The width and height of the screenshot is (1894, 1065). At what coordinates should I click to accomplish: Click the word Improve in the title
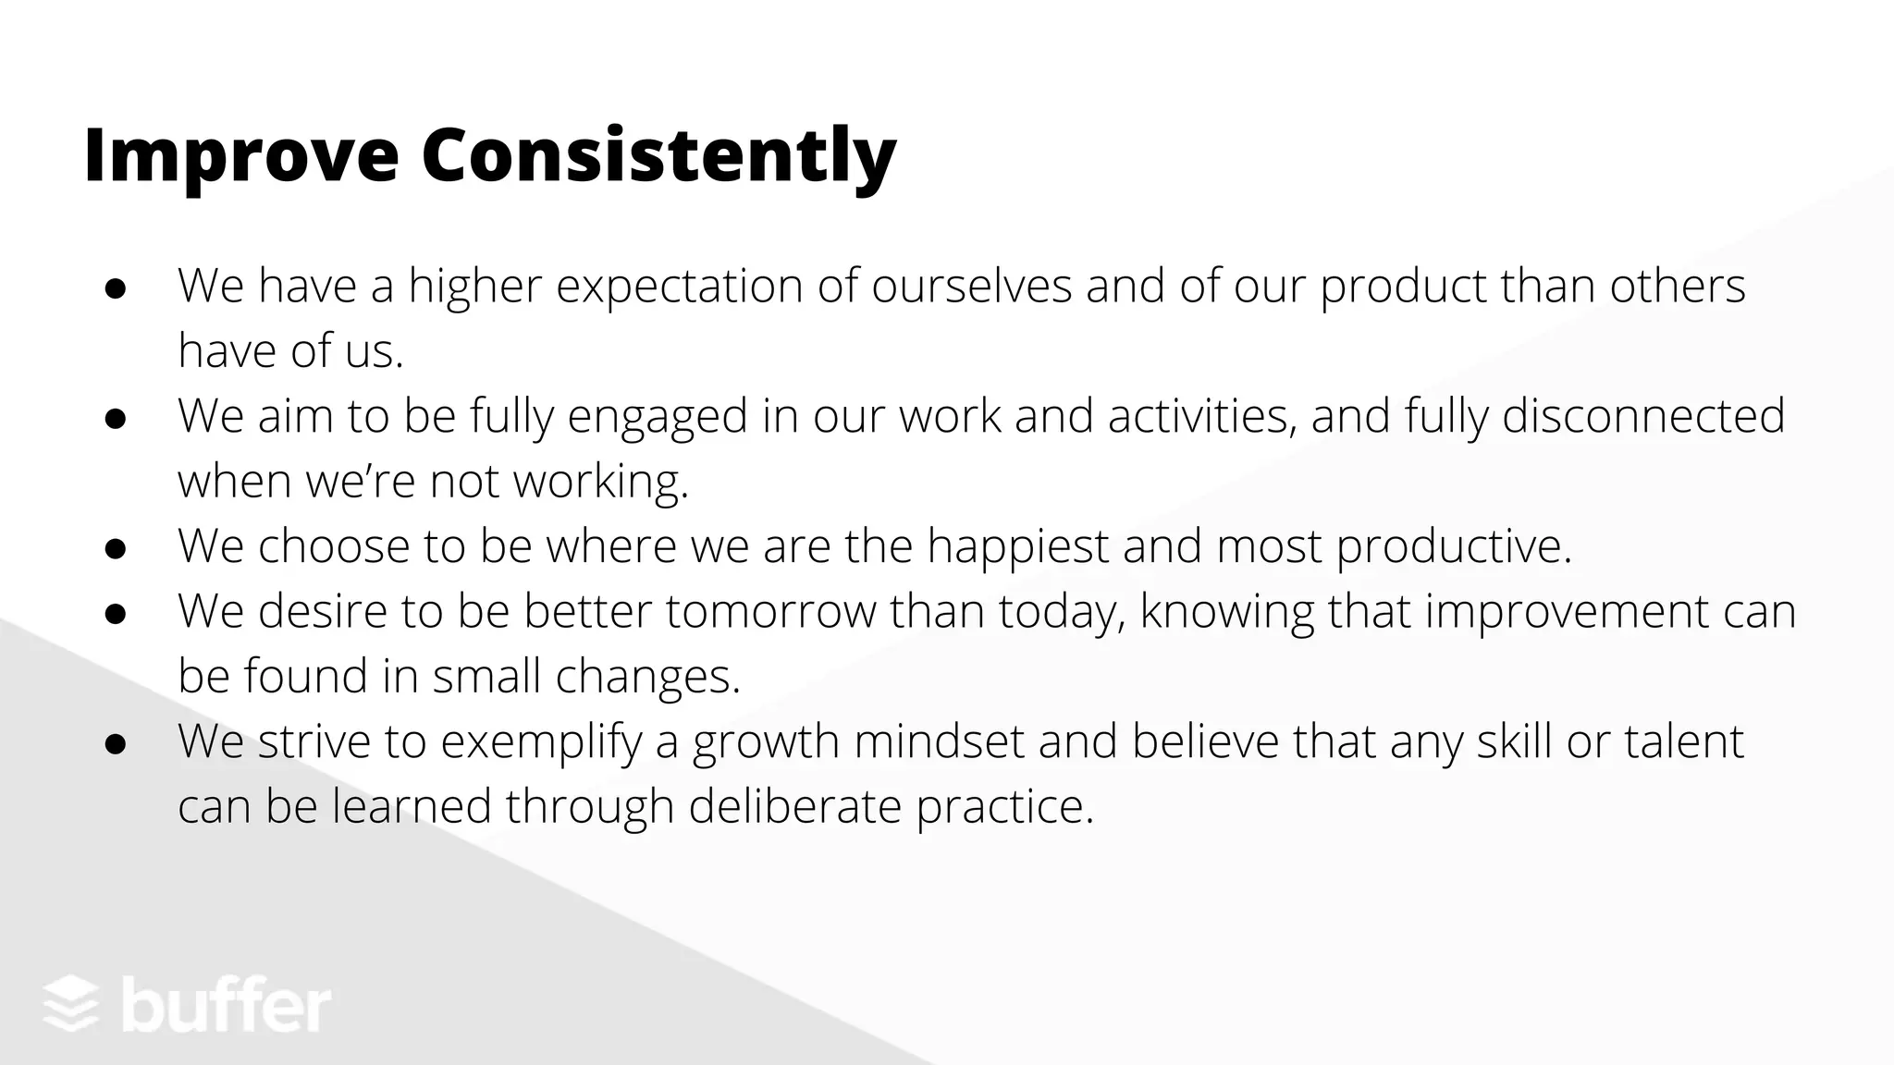click(240, 155)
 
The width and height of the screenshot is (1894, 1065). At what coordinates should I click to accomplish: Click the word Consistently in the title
click(658, 155)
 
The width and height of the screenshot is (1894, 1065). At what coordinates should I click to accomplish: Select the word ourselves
click(972, 287)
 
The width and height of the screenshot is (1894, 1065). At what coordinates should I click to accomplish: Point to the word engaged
click(658, 417)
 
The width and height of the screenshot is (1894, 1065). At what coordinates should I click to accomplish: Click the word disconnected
click(1643, 416)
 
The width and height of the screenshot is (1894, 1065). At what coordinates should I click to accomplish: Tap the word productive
click(1454, 546)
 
